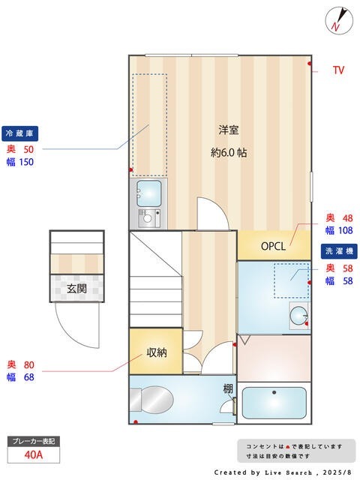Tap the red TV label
(338, 70)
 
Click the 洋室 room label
(229, 128)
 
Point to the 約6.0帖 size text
(229, 151)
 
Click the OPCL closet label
(274, 246)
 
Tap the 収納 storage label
(156, 352)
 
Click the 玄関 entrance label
(76, 288)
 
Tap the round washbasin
(298, 315)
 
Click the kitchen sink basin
(148, 192)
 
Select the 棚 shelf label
(227, 388)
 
